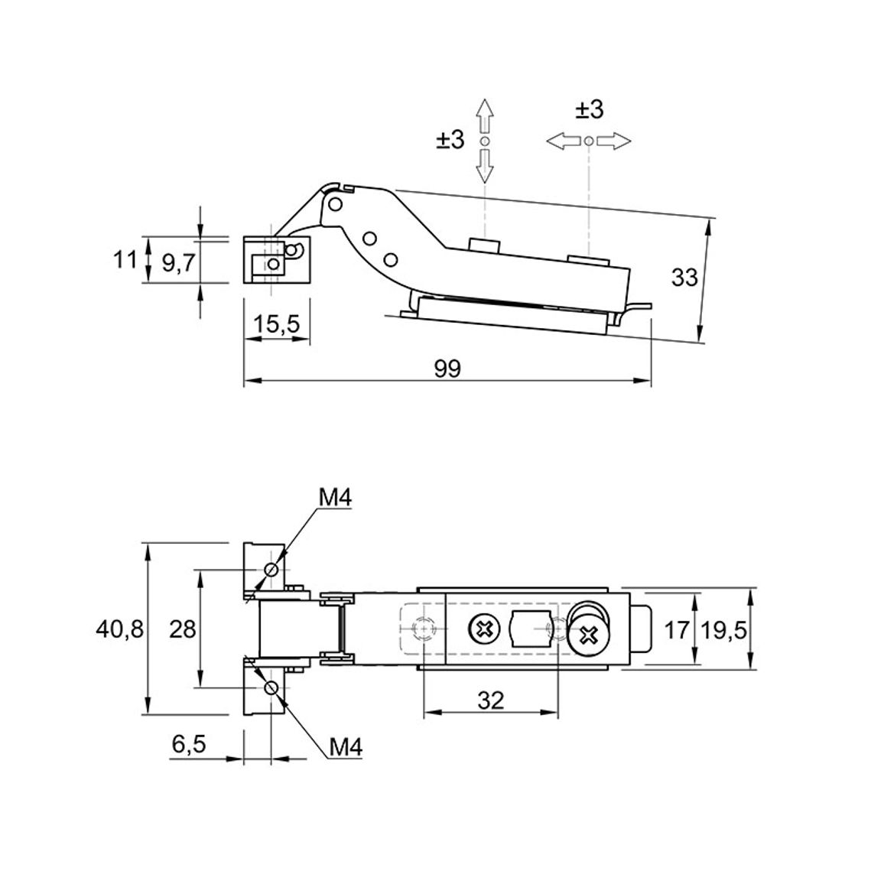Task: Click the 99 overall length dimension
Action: point(447,368)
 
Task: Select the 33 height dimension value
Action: point(684,278)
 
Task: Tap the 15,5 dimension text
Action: point(277,324)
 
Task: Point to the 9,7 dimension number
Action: point(179,263)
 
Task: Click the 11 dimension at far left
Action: point(125,260)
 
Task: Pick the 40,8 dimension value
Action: point(119,629)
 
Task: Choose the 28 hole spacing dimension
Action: point(182,629)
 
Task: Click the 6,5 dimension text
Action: point(189,744)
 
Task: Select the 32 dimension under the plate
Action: point(490,700)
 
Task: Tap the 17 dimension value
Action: point(677,630)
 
